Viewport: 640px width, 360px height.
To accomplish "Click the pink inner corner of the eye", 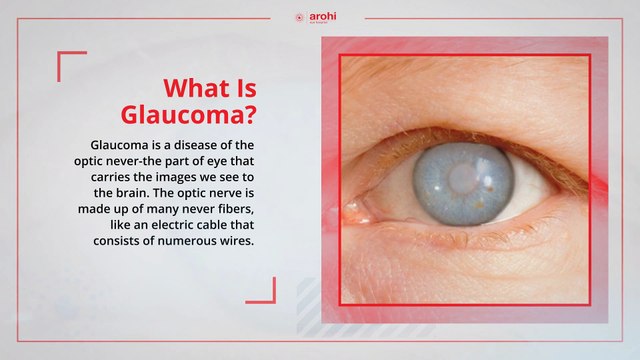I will pyautogui.click(x=358, y=212).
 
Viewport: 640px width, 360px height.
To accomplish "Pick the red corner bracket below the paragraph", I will pyautogui.click(x=263, y=290).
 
